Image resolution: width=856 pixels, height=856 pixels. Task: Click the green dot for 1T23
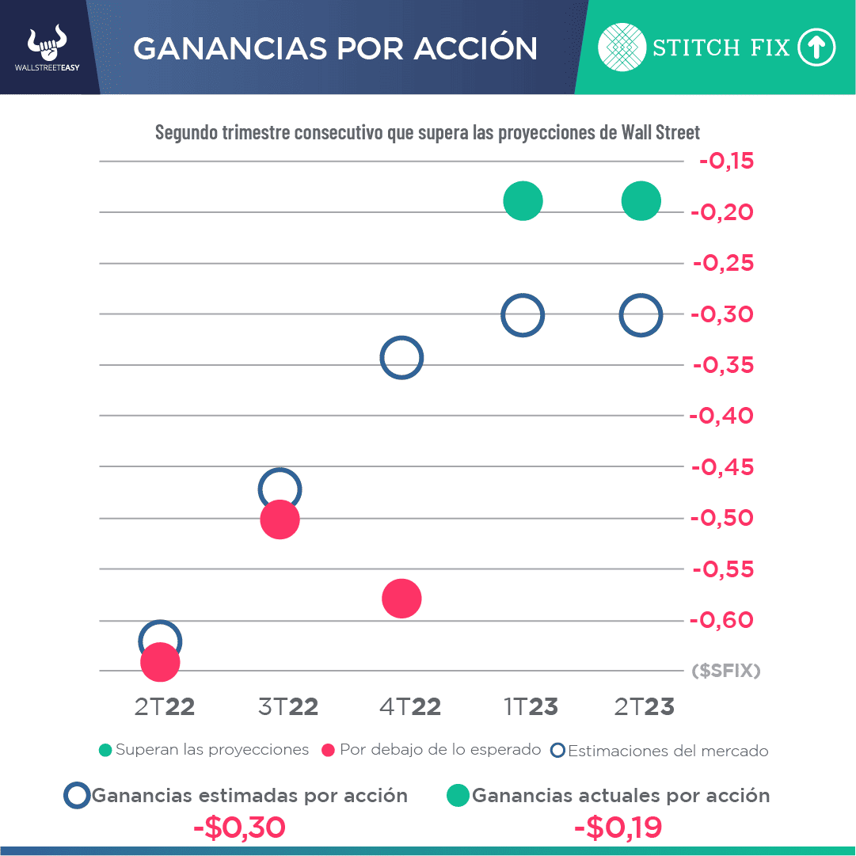pos(523,200)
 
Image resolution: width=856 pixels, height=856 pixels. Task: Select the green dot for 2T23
pos(641,200)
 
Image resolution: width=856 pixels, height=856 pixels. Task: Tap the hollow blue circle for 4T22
pos(401,357)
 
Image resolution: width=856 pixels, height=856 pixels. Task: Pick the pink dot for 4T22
pos(401,599)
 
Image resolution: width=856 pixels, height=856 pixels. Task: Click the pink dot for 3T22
pos(280,519)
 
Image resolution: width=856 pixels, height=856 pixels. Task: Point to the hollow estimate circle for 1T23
pos(523,315)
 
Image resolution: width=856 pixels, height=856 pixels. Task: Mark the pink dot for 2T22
pos(160,662)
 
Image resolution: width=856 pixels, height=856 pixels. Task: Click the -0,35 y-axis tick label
pos(724,365)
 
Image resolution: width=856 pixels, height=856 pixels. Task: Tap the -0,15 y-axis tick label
pos(727,161)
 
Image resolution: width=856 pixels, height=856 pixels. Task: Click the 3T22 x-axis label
pos(288,706)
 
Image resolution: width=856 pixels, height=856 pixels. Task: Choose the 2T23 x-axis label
pos(645,706)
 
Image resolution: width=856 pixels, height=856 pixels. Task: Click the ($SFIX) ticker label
pos(726,671)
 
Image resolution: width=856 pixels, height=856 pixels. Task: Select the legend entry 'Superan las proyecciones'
pos(204,749)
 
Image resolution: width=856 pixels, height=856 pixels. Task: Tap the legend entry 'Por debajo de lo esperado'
pos(432,749)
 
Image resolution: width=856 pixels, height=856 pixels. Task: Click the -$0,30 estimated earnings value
pos(239,828)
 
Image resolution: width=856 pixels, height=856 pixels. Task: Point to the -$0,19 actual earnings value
pos(618,828)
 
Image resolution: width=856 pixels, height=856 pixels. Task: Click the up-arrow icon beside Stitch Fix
pos(816,48)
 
